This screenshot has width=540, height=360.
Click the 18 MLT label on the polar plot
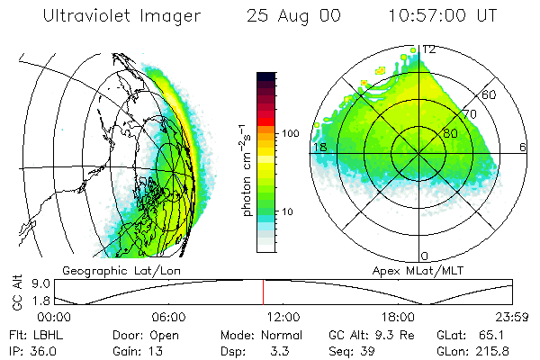click(319, 147)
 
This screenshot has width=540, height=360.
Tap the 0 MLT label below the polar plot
click(425, 256)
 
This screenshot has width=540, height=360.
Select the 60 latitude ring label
click(490, 94)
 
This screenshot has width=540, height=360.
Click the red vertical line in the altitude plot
click(263, 292)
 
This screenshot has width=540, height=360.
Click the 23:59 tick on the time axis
click(513, 317)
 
